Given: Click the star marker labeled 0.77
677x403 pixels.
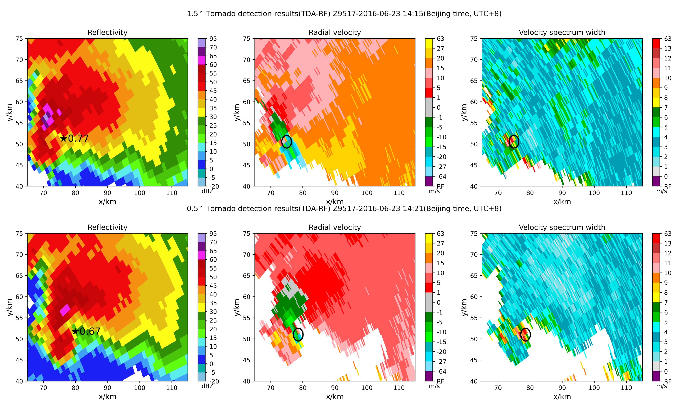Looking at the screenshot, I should click(x=63, y=138).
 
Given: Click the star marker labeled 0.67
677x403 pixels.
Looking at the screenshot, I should click(x=75, y=331).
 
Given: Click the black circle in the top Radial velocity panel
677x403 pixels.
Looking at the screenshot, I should click(x=286, y=142).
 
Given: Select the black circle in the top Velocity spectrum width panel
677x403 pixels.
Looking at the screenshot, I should click(x=514, y=142).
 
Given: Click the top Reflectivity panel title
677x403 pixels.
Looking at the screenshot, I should click(x=107, y=32).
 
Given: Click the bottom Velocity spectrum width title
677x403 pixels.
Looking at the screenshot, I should click(x=562, y=227).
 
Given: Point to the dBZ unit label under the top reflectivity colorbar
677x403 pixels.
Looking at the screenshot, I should click(x=207, y=191).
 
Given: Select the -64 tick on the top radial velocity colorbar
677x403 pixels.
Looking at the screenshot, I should click(x=441, y=177).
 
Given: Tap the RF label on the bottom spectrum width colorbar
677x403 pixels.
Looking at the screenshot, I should click(x=667, y=381).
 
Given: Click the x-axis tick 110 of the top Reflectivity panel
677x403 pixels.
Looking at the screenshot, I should click(x=172, y=193).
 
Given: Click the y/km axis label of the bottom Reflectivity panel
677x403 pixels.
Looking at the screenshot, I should click(x=10, y=307).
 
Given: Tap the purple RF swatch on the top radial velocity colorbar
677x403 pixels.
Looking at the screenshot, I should click(x=429, y=181).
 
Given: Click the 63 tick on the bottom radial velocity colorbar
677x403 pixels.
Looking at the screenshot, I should click(x=440, y=234).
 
